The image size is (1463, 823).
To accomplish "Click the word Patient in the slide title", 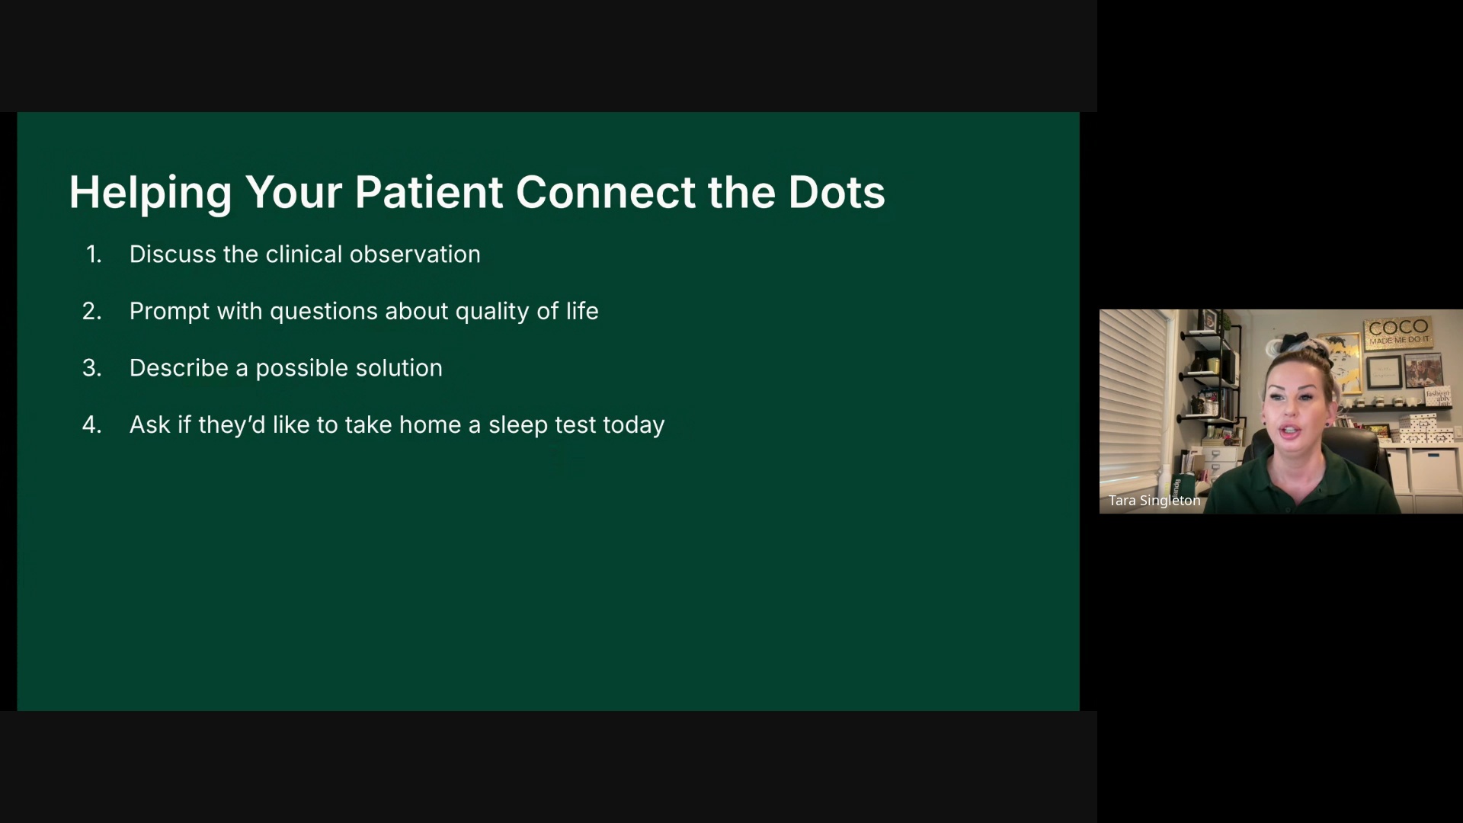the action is pyautogui.click(x=428, y=192).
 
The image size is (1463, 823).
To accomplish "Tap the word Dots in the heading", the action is pyautogui.click(x=837, y=192).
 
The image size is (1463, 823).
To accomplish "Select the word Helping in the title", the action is pyautogui.click(x=150, y=194).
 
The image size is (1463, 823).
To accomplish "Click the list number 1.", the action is pyautogui.click(x=94, y=255).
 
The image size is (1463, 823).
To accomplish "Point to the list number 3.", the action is pyautogui.click(x=92, y=368).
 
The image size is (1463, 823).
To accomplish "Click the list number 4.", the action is pyautogui.click(x=92, y=425).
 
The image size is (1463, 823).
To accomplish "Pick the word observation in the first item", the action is pyautogui.click(x=415, y=255).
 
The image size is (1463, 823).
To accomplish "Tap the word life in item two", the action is pyautogui.click(x=582, y=311).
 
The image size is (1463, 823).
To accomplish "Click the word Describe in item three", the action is pyautogui.click(x=179, y=368).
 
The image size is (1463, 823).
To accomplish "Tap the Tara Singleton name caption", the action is pyautogui.click(x=1154, y=501).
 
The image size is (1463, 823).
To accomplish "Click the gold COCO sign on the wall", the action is pyautogui.click(x=1398, y=332).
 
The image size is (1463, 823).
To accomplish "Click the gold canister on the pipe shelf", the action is pyautogui.click(x=1213, y=366).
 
